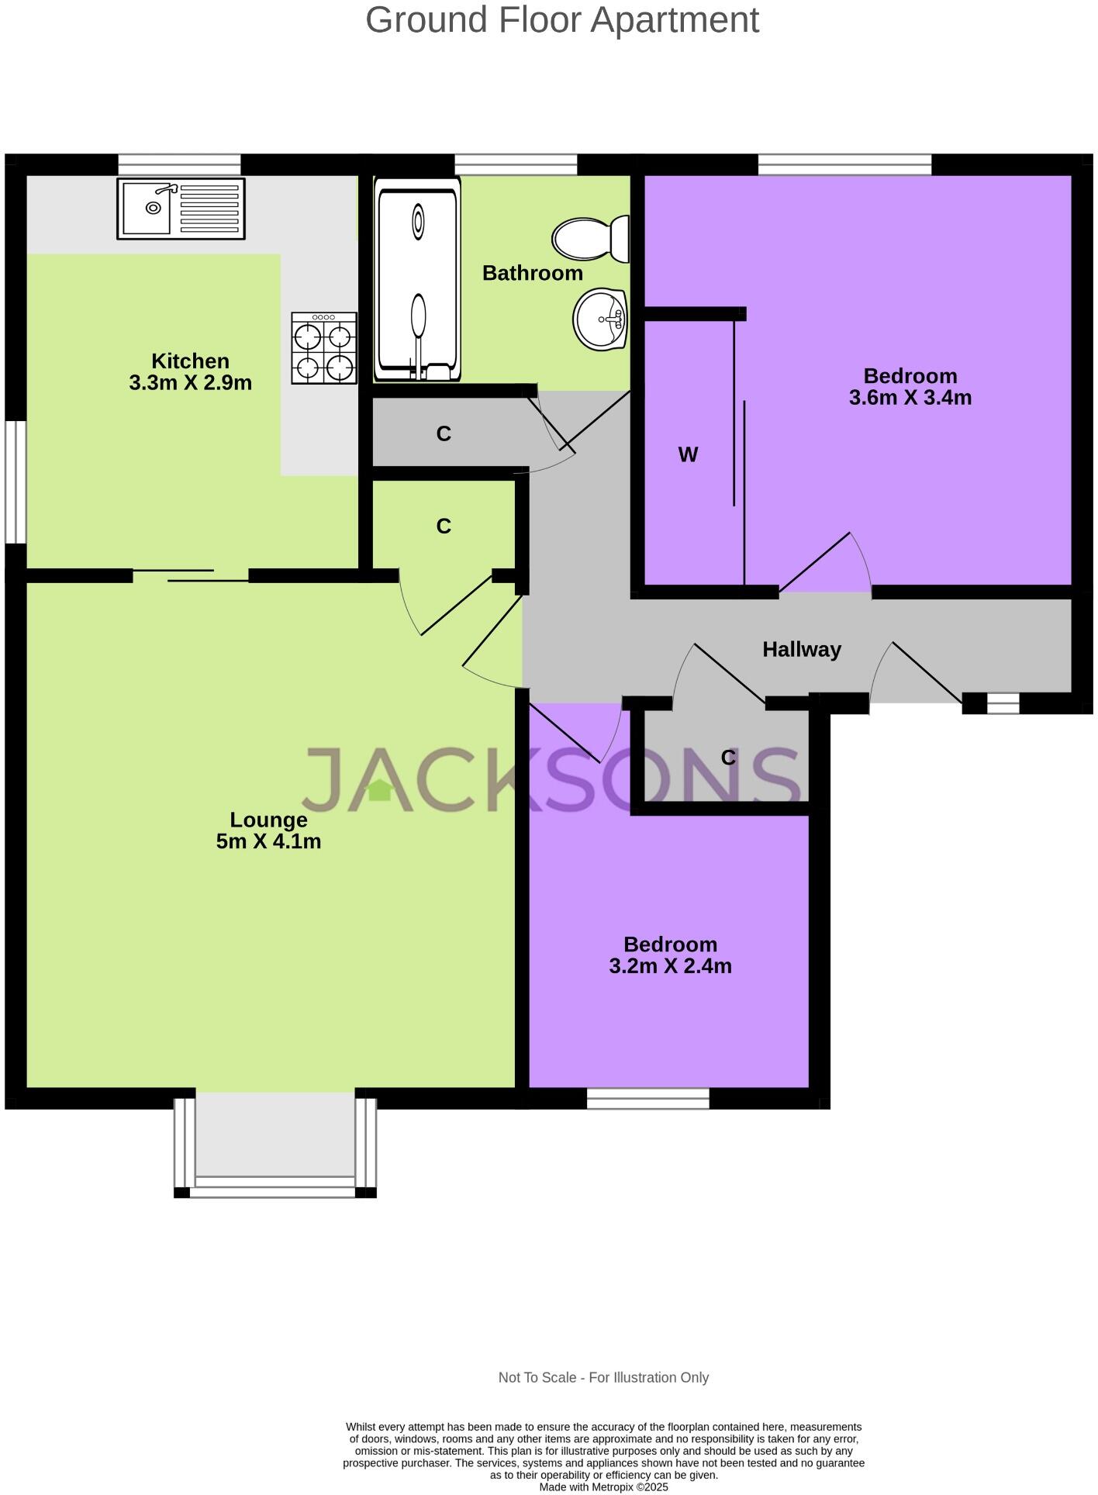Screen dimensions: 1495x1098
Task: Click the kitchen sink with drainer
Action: click(181, 208)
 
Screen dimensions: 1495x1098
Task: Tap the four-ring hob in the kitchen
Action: click(324, 348)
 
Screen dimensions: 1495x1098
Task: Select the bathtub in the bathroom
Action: click(417, 279)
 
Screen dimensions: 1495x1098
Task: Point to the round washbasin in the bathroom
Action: click(600, 319)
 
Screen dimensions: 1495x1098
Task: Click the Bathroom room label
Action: click(532, 273)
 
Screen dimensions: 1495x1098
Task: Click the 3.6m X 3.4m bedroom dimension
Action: click(910, 398)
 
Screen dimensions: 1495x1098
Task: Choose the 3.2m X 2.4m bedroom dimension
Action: click(670, 966)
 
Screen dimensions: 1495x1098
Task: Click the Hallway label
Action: click(801, 650)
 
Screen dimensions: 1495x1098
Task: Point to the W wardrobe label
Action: click(688, 455)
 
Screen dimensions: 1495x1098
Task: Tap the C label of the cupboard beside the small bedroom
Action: click(727, 758)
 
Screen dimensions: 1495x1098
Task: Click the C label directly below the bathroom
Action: click(444, 434)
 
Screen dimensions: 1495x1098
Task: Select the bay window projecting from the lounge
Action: click(275, 1146)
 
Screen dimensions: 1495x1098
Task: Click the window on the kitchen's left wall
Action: click(16, 482)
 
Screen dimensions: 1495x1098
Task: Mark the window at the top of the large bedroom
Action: click(844, 164)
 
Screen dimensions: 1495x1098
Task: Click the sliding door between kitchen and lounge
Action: click(191, 575)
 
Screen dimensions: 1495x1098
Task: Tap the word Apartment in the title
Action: click(675, 20)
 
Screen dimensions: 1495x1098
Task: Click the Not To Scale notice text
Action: click(603, 1377)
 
